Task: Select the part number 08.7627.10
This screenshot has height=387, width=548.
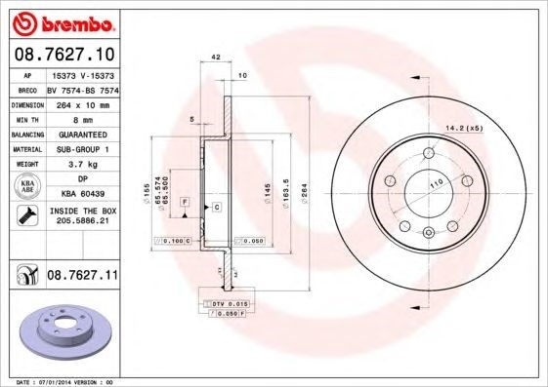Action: click(x=64, y=54)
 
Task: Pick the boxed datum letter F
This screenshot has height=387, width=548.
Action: click(x=184, y=201)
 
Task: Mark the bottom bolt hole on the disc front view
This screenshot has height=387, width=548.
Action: click(x=429, y=231)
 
